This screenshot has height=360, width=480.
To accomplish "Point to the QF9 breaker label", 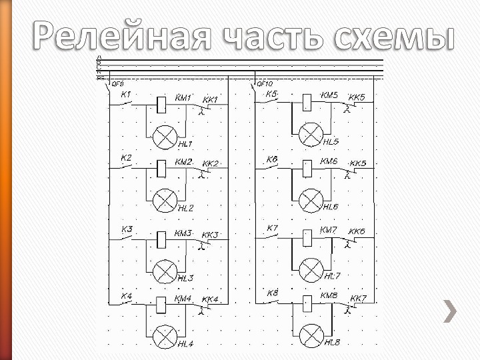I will [x=117, y=84].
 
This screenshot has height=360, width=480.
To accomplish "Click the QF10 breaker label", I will [x=265, y=84].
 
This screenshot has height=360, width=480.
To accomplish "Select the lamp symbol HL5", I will [x=310, y=135].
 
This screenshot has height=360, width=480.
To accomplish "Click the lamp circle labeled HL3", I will [x=164, y=271].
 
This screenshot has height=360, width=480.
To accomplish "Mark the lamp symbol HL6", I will [x=310, y=201].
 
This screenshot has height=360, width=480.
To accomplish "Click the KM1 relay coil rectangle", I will [x=161, y=103].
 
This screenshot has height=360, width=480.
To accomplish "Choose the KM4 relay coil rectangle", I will [x=161, y=305].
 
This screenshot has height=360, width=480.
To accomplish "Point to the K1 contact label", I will [x=125, y=94].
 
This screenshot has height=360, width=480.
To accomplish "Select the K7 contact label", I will [x=272, y=229].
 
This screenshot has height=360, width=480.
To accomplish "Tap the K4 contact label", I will [x=125, y=295].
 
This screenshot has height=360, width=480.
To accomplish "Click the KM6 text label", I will [x=329, y=161].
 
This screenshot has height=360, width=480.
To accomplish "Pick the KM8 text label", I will [x=329, y=295].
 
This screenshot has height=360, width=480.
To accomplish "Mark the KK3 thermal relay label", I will [x=210, y=235].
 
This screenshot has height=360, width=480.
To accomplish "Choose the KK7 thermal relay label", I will [x=358, y=297].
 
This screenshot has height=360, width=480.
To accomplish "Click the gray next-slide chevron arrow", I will [x=451, y=311].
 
